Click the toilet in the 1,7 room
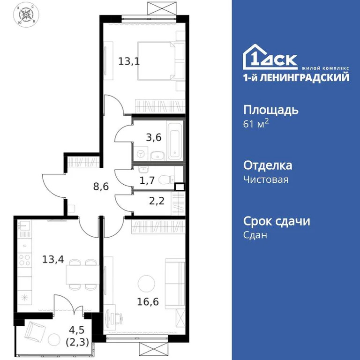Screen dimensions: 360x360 point(165,179)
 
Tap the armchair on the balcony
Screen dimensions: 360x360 point(34,333)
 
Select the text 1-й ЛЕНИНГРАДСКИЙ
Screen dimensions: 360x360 point(296,77)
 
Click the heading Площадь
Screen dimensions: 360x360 point(271,110)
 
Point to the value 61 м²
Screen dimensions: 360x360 point(256,125)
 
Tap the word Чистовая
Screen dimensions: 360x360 point(266,180)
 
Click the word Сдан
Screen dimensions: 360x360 point(255,235)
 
